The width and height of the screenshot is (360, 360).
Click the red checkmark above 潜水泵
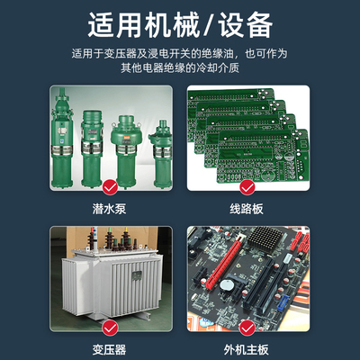[x=110, y=187]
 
